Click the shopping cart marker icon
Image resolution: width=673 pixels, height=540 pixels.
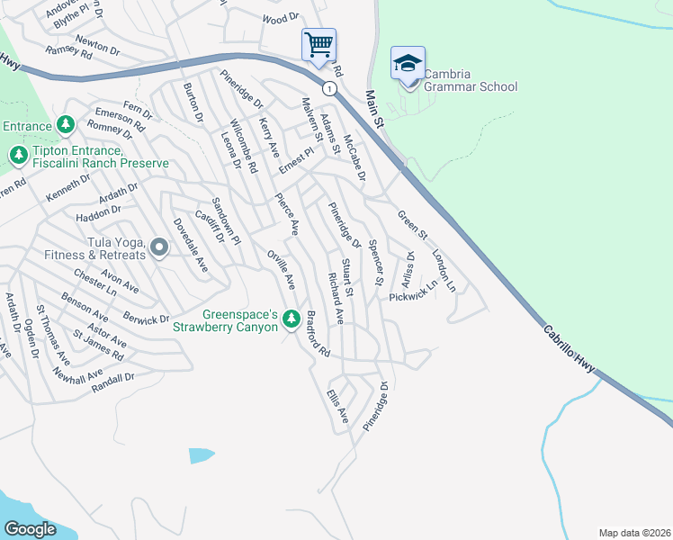[319, 44]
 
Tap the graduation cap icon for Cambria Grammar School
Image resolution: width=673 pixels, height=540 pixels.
[408, 64]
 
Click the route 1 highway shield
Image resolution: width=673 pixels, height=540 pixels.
[331, 88]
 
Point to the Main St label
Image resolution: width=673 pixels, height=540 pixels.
[375, 109]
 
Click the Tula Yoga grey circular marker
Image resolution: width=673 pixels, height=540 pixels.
[159, 247]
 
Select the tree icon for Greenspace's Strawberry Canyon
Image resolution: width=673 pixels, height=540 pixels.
[291, 319]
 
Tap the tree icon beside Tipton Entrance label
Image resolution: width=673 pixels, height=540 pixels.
[18, 156]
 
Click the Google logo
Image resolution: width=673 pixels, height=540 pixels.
[30, 528]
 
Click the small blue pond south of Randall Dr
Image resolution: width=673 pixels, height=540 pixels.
[202, 454]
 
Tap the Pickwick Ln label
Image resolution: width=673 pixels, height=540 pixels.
[413, 290]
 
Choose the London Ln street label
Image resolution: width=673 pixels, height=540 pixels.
[444, 270]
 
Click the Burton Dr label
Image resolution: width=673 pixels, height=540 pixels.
[193, 103]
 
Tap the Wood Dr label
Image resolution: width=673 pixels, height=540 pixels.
[281, 18]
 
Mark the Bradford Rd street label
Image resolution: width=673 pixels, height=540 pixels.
[319, 334]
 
